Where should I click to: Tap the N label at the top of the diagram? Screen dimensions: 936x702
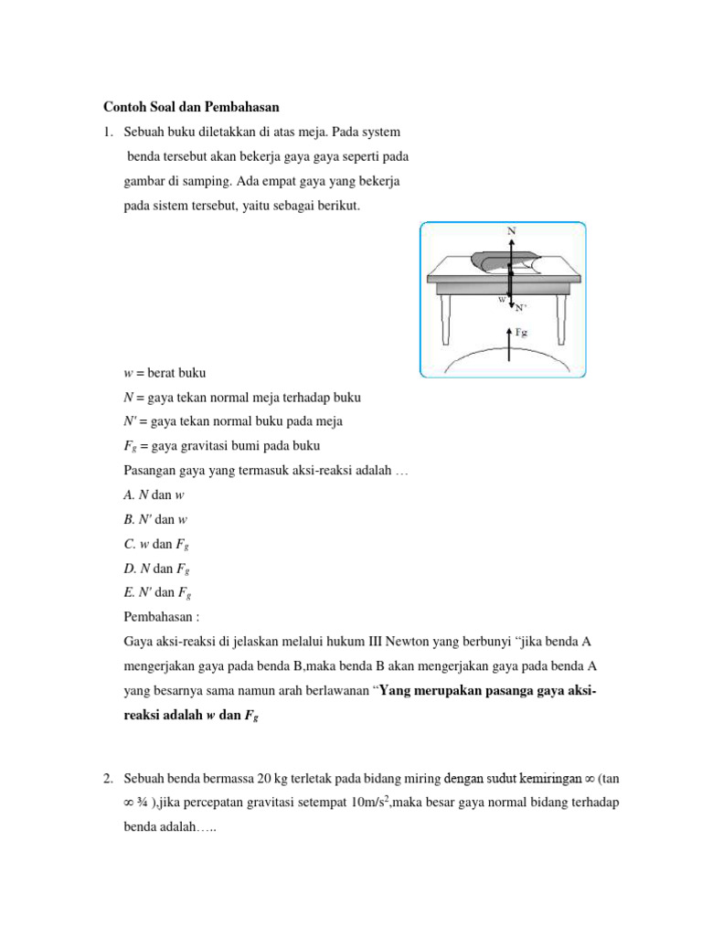pyautogui.click(x=511, y=231)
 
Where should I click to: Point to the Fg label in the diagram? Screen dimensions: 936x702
pyautogui.click(x=522, y=332)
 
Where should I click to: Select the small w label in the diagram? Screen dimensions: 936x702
pyautogui.click(x=501, y=299)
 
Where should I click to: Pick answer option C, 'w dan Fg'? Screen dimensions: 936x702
pyautogui.click(x=156, y=544)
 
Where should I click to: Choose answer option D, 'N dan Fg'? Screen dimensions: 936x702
pyautogui.click(x=156, y=568)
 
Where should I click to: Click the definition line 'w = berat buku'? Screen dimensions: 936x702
pyautogui.click(x=165, y=374)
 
